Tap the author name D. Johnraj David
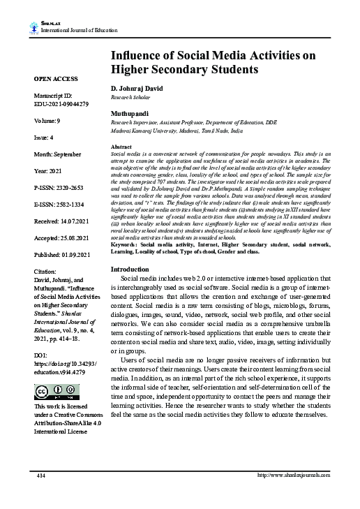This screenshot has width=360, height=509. pyautogui.click(x=142, y=89)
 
